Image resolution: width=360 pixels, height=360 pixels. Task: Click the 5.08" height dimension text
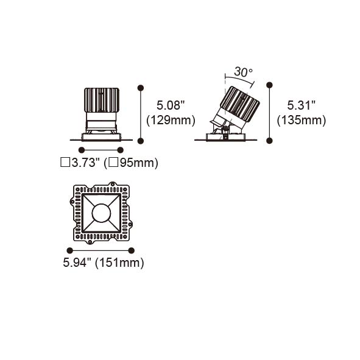click(x=171, y=105)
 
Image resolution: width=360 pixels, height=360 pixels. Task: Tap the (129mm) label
click(x=171, y=120)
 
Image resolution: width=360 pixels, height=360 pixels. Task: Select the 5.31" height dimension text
click(x=302, y=105)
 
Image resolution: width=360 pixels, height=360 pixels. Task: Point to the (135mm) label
click(x=302, y=120)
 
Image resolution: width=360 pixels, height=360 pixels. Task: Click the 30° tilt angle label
click(x=243, y=72)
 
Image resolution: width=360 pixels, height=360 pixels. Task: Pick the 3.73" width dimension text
click(x=86, y=163)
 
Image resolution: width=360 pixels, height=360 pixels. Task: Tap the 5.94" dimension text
click(x=77, y=263)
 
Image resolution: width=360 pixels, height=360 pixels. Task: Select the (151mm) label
click(x=119, y=263)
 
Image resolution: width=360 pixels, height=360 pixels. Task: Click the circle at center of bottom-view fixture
click(x=101, y=213)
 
